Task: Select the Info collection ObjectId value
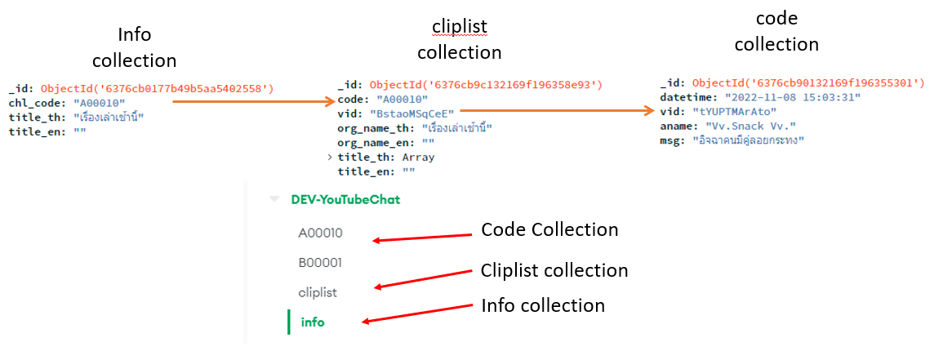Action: point(158,88)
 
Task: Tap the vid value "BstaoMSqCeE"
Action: point(414,113)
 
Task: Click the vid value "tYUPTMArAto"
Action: point(736,111)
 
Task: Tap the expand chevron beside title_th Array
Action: point(330,158)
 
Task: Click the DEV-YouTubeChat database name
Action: point(345,199)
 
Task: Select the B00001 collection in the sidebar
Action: point(320,263)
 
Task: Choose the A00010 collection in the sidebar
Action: point(320,233)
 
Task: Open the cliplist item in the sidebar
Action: point(318,292)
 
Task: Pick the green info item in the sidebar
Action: point(313,322)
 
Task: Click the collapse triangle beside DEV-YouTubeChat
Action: point(274,199)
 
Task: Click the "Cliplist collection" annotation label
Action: point(554,270)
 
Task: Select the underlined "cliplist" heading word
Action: point(459,27)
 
